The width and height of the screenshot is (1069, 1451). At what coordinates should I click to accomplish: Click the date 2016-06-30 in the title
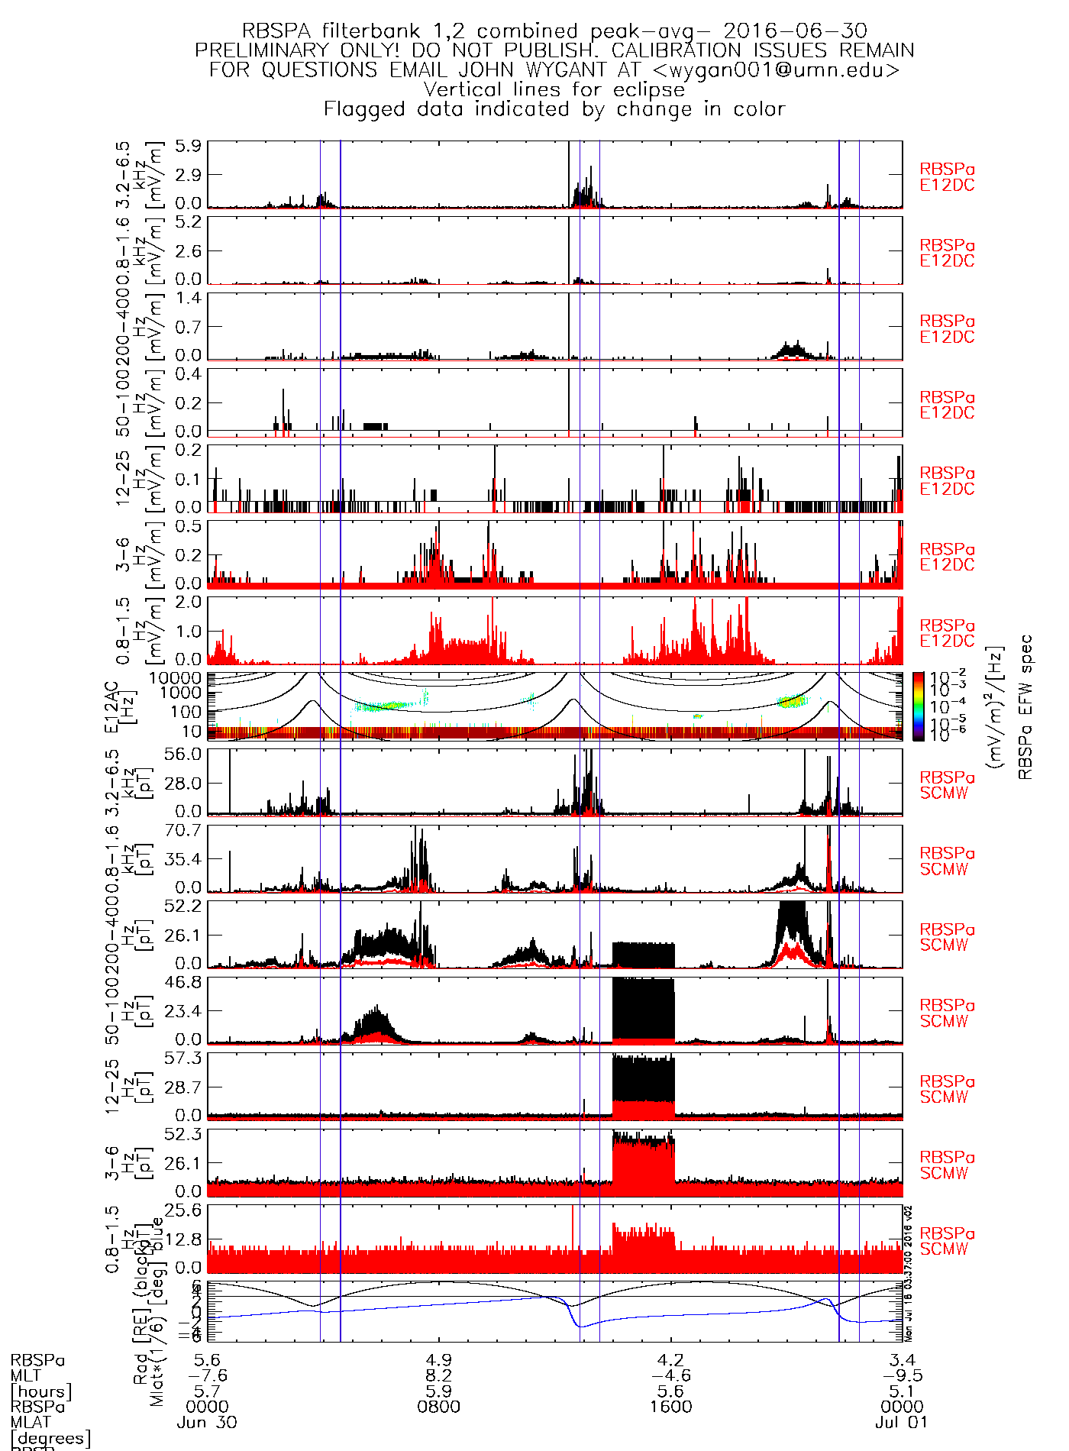(x=795, y=31)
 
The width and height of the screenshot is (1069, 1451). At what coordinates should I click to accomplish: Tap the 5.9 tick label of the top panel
(x=188, y=146)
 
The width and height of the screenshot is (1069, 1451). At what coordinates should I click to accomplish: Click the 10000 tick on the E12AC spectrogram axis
(x=176, y=677)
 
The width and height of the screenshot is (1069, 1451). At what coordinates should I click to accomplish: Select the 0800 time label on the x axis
(x=439, y=1406)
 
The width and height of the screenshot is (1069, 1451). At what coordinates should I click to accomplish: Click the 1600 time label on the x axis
(x=671, y=1406)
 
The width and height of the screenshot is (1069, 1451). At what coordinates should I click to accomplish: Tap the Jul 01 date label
(x=902, y=1423)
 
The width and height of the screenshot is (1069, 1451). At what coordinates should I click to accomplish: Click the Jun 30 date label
(x=207, y=1423)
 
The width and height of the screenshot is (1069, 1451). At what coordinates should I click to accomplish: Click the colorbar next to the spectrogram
(x=919, y=706)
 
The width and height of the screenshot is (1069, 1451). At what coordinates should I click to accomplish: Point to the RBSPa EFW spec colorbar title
(x=1025, y=706)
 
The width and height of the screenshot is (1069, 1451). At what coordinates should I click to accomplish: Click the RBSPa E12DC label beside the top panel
(x=947, y=177)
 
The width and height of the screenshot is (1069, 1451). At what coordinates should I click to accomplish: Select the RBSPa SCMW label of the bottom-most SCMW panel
(x=947, y=1241)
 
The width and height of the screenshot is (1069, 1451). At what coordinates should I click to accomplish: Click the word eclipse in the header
(x=649, y=90)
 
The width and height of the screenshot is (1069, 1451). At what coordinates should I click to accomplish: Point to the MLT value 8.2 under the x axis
(x=439, y=1375)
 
